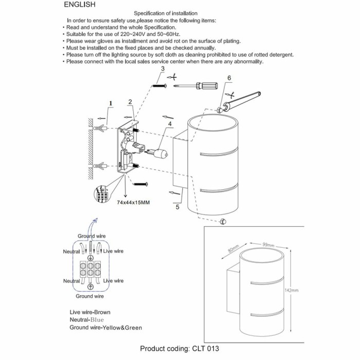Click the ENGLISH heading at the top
click(80, 5)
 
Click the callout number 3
click(163, 68)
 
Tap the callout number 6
click(229, 78)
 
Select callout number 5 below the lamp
click(178, 208)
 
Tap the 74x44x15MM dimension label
click(133, 203)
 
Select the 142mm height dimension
click(291, 291)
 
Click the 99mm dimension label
click(268, 245)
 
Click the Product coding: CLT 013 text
click(179, 349)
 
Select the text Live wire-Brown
click(90, 312)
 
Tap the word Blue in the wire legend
click(97, 320)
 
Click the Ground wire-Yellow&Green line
click(105, 328)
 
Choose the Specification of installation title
click(165, 13)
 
